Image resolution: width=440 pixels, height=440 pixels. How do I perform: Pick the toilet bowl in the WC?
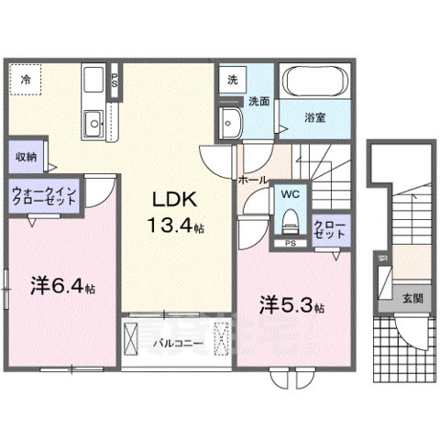click(x=291, y=220)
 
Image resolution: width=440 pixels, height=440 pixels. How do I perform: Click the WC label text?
click(x=291, y=194)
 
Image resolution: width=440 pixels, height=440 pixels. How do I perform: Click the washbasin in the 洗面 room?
click(x=229, y=121)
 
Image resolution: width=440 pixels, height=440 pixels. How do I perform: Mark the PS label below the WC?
click(x=290, y=243)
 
